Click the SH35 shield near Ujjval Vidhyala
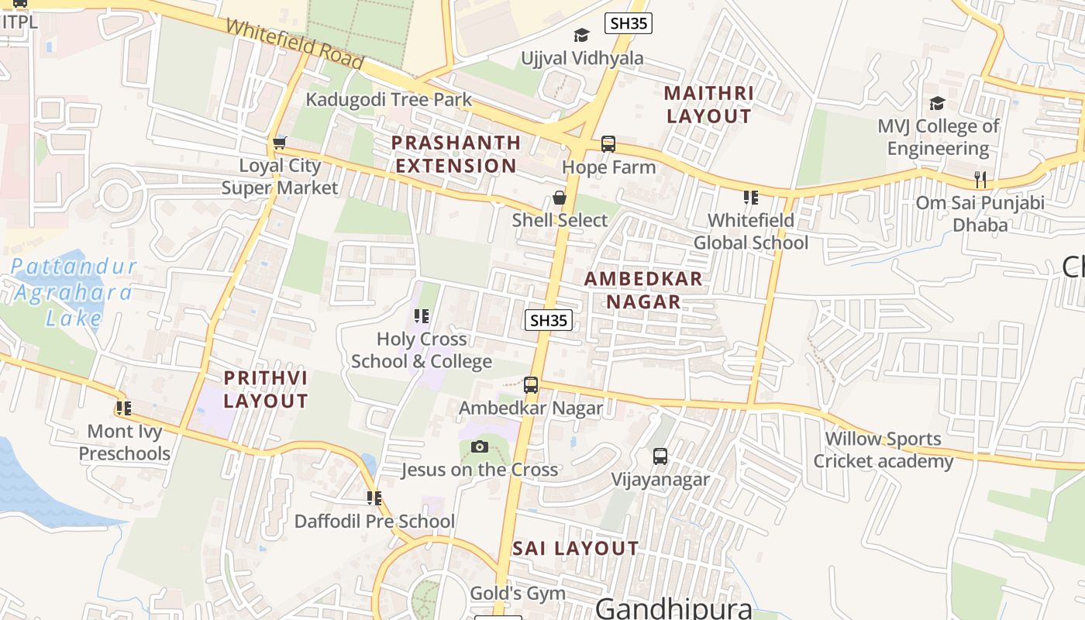(x=628, y=23)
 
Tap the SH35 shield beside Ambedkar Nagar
(x=549, y=320)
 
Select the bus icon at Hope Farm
(x=608, y=144)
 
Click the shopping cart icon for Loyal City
(x=279, y=143)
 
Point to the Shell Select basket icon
(x=560, y=198)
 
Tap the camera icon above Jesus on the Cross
(x=480, y=446)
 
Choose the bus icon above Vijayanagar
(x=660, y=456)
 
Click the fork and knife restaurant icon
(x=980, y=180)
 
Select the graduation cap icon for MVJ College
(x=938, y=104)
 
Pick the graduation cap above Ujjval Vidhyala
(x=581, y=35)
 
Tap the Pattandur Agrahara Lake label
(x=73, y=292)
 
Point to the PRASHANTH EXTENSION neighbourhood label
(x=456, y=154)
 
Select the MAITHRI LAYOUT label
(x=708, y=105)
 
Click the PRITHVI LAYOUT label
(x=266, y=390)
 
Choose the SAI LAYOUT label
(x=575, y=549)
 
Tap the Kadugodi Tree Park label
(x=388, y=99)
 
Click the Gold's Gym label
(x=518, y=594)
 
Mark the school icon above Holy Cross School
(x=422, y=316)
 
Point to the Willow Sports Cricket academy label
(x=883, y=450)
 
